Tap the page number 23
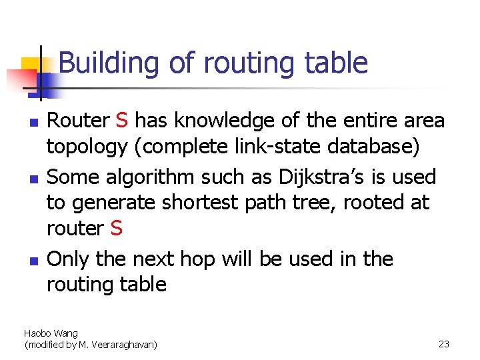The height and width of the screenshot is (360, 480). coord(444,344)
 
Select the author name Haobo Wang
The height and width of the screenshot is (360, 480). coord(51,333)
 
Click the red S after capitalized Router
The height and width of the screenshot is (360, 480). coord(121,121)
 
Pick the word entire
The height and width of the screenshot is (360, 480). coord(365,121)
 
